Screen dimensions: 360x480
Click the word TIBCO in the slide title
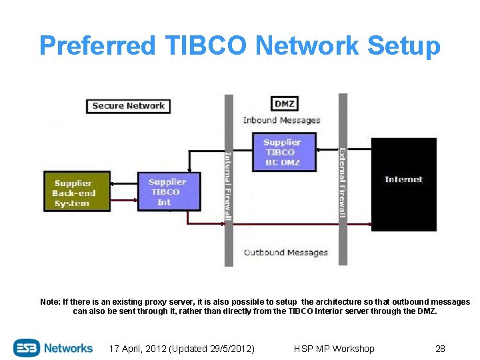(x=203, y=46)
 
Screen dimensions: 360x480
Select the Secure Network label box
(x=128, y=105)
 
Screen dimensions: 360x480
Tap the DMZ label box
(x=285, y=103)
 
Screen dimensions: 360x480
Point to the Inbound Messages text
(x=281, y=121)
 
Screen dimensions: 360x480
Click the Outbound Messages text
(x=285, y=253)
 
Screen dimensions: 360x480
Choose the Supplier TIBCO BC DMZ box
(x=282, y=152)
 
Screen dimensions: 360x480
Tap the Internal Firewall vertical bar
(x=229, y=180)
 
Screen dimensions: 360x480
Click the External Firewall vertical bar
(x=343, y=180)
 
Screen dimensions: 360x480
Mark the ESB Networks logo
(x=53, y=348)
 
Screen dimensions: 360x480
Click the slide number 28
(x=440, y=349)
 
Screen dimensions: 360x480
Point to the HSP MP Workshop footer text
(x=334, y=349)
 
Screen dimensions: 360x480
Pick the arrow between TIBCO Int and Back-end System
(x=124, y=183)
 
